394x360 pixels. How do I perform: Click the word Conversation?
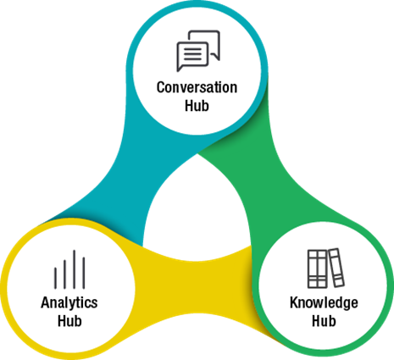197,87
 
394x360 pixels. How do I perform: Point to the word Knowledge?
325,303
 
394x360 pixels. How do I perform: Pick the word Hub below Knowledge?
325,321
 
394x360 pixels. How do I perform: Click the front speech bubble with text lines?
191,56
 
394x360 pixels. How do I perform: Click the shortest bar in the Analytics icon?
56,278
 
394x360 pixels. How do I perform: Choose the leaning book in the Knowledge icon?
336,269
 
